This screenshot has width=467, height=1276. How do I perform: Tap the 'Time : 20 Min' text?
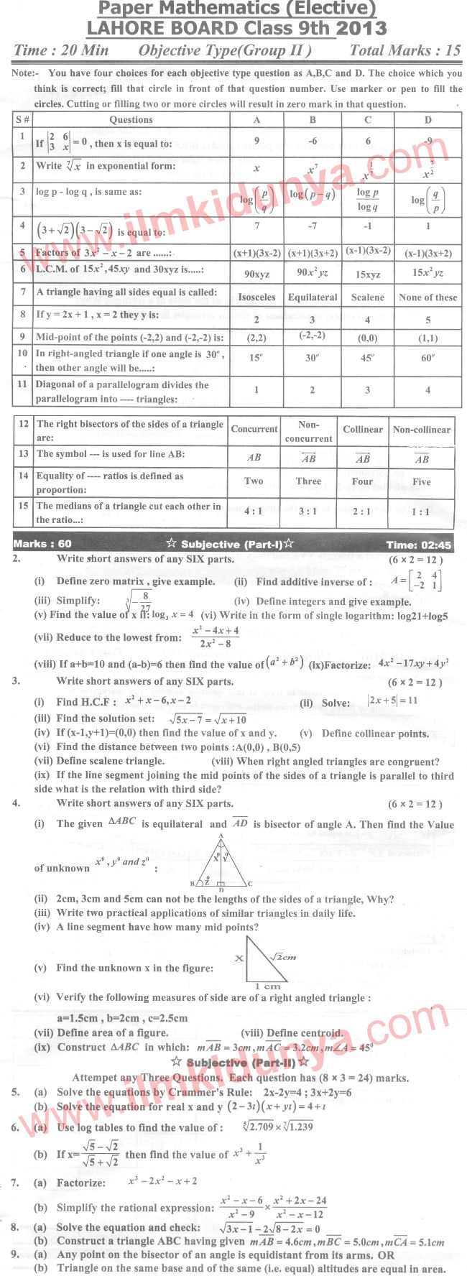(61, 50)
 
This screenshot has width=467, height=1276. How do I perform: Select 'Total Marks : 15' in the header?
(405, 50)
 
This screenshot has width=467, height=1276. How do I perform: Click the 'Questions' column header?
(131, 120)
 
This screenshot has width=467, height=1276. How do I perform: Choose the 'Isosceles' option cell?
(256, 297)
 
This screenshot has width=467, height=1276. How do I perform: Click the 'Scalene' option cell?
(368, 297)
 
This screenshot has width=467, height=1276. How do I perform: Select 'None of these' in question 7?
(428, 297)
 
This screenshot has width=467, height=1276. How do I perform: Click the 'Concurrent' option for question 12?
(254, 429)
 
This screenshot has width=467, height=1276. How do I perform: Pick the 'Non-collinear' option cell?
(422, 430)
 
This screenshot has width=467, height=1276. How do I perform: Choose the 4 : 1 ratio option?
(254, 511)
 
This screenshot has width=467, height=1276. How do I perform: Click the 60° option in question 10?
(428, 358)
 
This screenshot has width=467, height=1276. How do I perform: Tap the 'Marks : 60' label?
(42, 544)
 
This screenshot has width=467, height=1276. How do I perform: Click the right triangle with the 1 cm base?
(266, 960)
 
